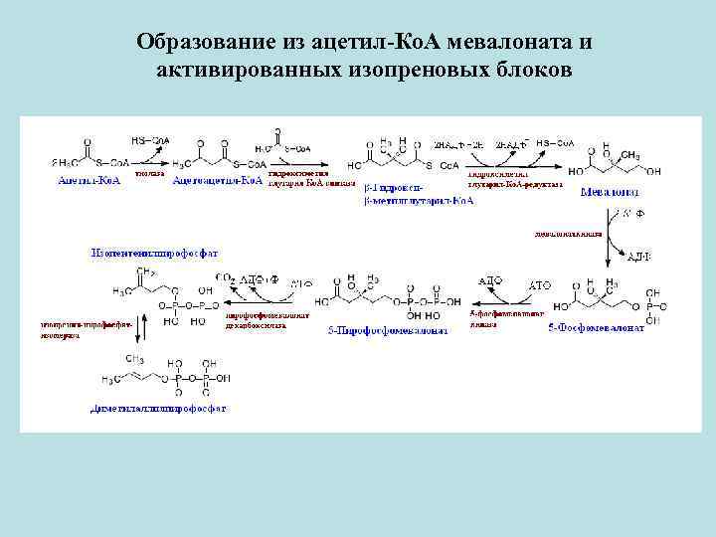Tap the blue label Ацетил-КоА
89,181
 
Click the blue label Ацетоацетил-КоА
217,181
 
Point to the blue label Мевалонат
610,191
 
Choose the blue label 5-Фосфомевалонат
596,328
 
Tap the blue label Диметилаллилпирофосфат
158,408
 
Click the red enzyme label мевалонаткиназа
568,236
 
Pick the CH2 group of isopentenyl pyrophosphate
145,270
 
